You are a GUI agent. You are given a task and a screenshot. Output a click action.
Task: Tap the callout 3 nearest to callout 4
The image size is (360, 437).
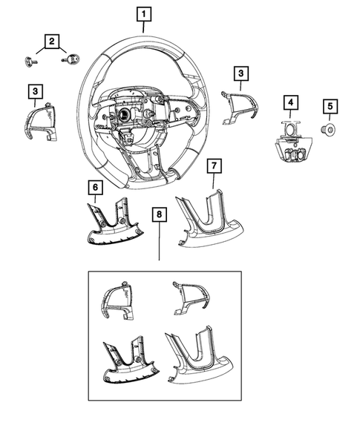(x=240, y=73)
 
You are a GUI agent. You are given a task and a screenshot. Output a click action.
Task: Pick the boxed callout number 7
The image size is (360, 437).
(x=213, y=163)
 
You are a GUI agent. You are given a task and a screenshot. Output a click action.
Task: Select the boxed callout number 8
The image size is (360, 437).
(x=158, y=216)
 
